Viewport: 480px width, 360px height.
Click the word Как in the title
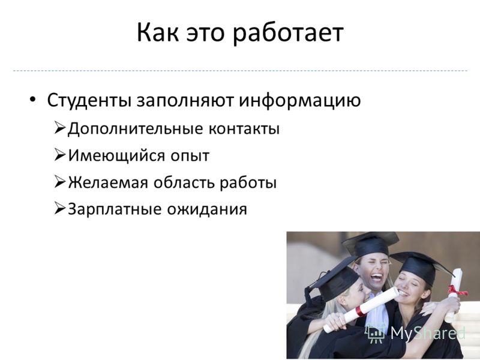click(158, 32)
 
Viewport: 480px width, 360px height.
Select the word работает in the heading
click(288, 34)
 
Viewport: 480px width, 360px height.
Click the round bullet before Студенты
click(32, 99)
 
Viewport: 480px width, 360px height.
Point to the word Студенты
click(89, 100)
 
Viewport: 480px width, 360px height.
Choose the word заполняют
click(185, 101)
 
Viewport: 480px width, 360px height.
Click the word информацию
click(300, 101)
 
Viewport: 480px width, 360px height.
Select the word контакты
click(244, 129)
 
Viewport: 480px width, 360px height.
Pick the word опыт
click(190, 156)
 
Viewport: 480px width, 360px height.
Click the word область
click(184, 182)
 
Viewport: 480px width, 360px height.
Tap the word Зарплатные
click(115, 209)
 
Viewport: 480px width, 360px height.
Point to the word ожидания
click(207, 209)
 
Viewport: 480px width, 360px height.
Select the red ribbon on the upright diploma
click(457, 290)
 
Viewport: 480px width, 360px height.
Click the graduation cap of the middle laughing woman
click(370, 244)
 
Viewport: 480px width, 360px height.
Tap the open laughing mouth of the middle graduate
click(376, 278)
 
